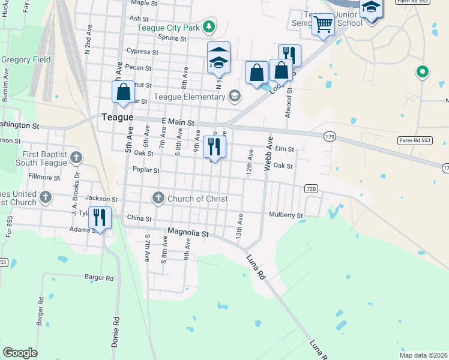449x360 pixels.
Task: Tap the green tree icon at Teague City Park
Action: (208, 26)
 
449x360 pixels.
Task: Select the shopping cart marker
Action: (324, 25)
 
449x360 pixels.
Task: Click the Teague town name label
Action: (116, 118)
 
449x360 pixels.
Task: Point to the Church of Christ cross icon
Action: (158, 197)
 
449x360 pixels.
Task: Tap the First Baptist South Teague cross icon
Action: (76, 158)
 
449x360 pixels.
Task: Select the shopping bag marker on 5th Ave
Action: (123, 92)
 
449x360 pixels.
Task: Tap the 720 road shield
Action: (310, 188)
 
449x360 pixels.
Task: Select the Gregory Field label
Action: (26, 60)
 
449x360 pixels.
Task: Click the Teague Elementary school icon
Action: (235, 96)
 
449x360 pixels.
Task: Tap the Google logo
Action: (20, 353)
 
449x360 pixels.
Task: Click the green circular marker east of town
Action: (422, 73)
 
